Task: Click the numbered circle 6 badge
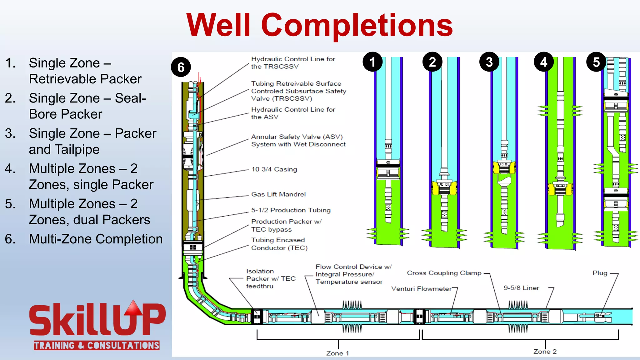pos(181,67)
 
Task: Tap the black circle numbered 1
pos(372,62)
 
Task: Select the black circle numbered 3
pos(489,62)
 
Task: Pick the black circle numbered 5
pos(596,62)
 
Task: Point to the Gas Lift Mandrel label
pos(278,194)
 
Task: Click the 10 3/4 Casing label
pos(274,169)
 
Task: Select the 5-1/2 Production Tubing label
pos(291,210)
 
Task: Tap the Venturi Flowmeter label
pos(421,289)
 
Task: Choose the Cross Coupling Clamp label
pos(444,273)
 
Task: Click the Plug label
pos(600,273)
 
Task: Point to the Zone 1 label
pos(337,353)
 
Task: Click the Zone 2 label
pos(545,352)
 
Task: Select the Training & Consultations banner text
pos(97,345)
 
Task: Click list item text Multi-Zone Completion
pos(96,239)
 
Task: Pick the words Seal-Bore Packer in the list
pos(87,106)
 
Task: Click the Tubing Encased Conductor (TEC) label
pos(279,244)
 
